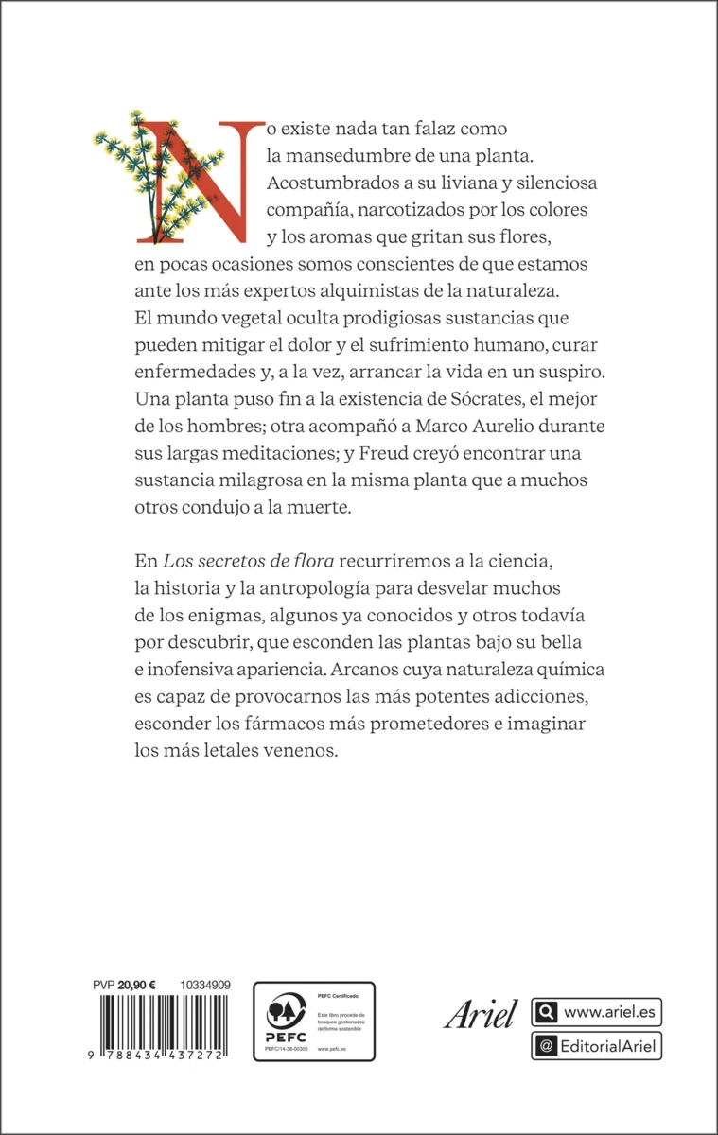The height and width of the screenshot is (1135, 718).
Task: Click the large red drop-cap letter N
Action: click(181, 179)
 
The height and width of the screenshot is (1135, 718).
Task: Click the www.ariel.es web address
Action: click(607, 1013)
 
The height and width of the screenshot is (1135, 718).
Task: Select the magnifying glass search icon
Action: click(546, 1013)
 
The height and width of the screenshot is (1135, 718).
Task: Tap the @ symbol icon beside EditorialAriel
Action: click(546, 1046)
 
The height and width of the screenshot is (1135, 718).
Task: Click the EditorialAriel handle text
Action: click(608, 1046)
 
